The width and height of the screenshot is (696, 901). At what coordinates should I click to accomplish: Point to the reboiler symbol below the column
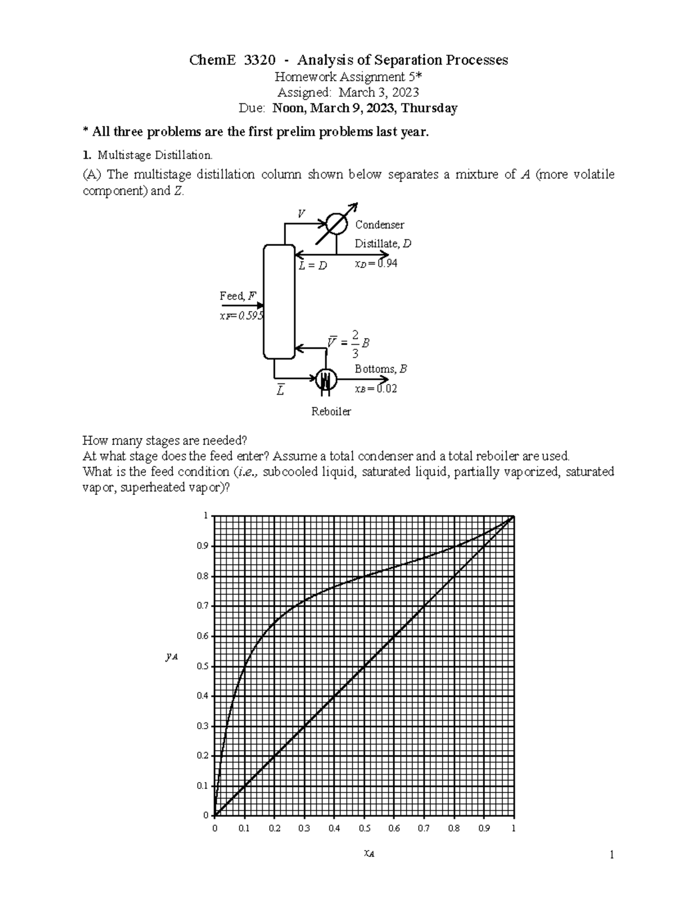coord(326,380)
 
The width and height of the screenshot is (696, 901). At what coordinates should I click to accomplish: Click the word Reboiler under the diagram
coord(331,411)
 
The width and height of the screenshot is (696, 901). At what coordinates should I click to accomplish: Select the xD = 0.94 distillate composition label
coord(376,263)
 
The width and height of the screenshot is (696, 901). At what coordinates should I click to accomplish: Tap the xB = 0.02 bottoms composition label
coord(376,389)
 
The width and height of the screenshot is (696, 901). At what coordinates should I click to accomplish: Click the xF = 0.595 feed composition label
coord(241,316)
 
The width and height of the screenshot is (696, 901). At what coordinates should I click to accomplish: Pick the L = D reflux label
coord(313,266)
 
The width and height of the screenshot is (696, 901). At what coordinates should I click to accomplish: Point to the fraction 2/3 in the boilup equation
coord(356,343)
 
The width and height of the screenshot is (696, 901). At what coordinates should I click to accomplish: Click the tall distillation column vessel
coord(279,302)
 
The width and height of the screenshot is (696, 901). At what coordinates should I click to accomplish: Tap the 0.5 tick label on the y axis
coord(202,666)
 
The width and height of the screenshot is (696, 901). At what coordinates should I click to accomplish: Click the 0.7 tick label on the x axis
coord(424,828)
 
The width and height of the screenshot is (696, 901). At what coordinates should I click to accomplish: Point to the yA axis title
coord(171,657)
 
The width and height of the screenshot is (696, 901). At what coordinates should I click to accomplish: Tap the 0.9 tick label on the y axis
coord(202,546)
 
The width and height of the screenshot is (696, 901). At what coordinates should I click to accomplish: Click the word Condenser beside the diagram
coord(379,225)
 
